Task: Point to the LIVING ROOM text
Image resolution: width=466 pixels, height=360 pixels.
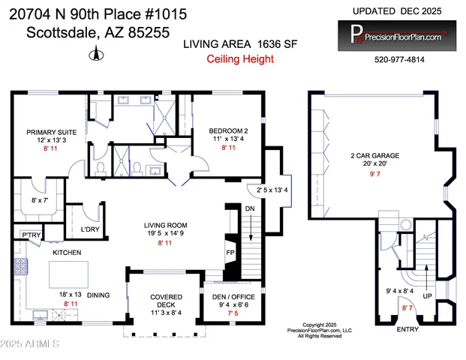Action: click(x=166, y=224)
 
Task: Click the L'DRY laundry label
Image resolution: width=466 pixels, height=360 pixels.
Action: click(x=91, y=229)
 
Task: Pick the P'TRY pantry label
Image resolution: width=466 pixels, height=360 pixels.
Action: click(x=30, y=236)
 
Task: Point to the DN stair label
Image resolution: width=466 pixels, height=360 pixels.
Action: click(x=250, y=208)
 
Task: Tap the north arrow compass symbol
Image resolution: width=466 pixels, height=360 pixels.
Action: click(x=95, y=53)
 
